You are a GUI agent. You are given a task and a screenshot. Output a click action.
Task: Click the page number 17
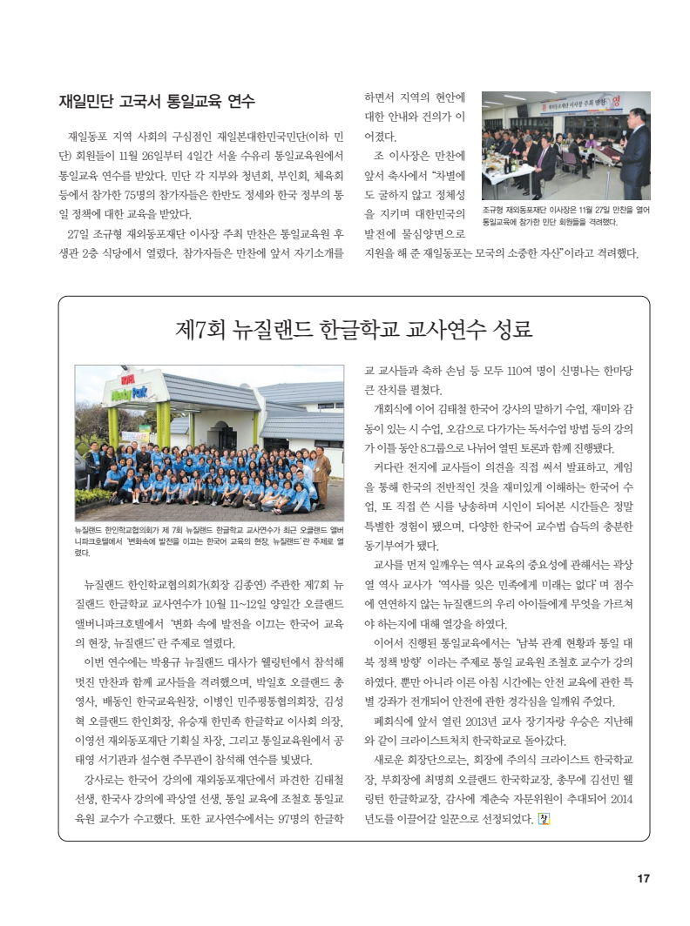643,878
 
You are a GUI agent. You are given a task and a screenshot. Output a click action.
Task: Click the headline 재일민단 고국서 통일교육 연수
156,101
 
